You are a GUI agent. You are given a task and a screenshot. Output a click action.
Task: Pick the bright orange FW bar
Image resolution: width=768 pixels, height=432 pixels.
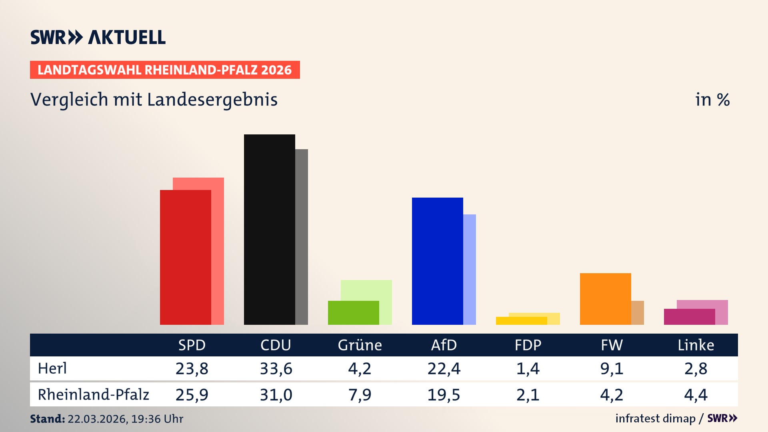605,299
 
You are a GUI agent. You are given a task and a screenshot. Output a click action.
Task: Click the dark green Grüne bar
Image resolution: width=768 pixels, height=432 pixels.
353,312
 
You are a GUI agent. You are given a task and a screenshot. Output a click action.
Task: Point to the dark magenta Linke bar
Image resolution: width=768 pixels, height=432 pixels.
689,316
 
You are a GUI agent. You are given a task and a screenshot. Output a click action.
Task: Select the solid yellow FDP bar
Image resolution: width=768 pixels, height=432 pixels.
521,320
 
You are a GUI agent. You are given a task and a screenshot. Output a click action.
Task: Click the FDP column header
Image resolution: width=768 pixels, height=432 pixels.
528,345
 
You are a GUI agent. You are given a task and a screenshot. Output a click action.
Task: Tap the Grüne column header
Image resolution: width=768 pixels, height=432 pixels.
360,345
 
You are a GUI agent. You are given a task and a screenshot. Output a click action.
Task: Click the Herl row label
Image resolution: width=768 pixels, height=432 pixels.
52,368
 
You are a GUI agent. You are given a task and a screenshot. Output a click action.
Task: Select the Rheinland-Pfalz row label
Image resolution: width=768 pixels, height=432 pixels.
93,394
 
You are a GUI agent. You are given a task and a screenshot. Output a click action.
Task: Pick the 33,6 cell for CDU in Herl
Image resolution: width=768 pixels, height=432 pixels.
276,368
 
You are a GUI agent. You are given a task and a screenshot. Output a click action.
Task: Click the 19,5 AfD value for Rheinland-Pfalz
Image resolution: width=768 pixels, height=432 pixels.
444,395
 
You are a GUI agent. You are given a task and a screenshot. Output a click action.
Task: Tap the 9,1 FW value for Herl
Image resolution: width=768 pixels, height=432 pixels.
612,368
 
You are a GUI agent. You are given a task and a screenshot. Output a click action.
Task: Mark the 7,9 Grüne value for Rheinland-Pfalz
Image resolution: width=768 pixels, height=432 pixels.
360,395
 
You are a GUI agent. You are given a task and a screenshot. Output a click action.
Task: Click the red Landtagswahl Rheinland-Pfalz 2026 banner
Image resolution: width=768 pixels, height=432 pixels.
165,70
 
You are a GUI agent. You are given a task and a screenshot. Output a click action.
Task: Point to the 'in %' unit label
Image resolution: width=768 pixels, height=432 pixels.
712,100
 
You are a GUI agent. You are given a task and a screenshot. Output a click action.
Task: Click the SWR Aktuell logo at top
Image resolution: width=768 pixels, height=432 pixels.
98,37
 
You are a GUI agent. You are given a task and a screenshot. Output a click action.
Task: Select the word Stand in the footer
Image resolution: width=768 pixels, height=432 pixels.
47,419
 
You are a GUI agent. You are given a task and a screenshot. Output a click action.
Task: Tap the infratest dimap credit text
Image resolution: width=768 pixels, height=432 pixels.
655,418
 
